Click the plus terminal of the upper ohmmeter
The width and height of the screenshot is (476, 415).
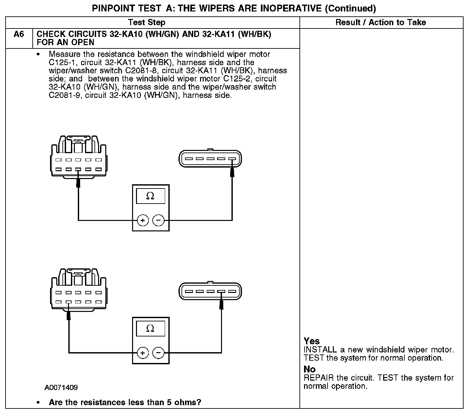[x=143, y=220]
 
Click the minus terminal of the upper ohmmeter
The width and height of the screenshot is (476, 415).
[x=159, y=220]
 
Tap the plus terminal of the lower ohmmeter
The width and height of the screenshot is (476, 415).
[x=143, y=353]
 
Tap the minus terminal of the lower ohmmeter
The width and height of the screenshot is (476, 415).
[x=159, y=353]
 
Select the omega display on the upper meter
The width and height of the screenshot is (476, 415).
[x=150, y=196]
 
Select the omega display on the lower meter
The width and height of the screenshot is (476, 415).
[x=150, y=328]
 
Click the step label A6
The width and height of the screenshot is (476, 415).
[x=19, y=34]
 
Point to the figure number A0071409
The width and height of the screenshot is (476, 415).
[x=61, y=388]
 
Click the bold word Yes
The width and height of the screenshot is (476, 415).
[x=312, y=341]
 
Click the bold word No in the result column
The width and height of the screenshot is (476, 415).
[x=310, y=369]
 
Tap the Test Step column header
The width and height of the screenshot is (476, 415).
[x=146, y=22]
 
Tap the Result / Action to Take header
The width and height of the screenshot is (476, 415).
[x=381, y=22]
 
